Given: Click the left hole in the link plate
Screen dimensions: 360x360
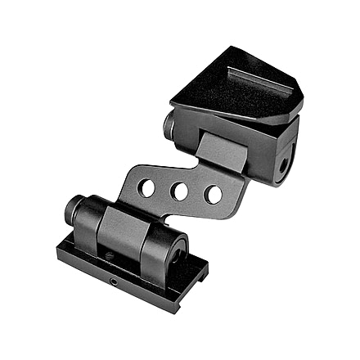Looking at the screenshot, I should tap(147, 188).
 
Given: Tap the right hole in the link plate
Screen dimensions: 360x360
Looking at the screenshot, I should tap(213, 195).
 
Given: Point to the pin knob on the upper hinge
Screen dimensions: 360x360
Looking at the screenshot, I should tap(169, 124).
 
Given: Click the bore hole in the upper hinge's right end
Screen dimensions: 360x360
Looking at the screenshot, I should tap(284, 164).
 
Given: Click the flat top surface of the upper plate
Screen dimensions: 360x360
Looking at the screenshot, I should tap(229, 90).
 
